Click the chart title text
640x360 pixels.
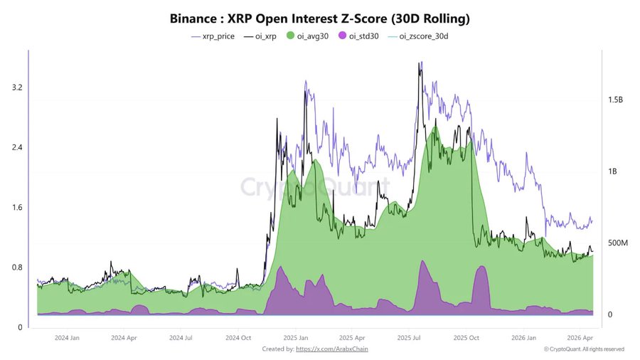click(320, 16)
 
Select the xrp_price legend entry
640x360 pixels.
click(213, 36)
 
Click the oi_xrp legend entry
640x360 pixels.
click(260, 36)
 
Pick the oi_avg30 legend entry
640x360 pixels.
click(309, 36)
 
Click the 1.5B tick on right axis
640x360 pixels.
click(616, 100)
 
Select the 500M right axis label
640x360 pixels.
click(616, 243)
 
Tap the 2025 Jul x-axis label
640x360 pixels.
click(410, 338)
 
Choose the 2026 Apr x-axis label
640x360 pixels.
click(582, 338)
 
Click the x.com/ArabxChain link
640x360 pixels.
click(332, 349)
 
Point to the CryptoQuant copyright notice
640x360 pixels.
click(584, 349)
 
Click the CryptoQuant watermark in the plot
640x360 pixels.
click(314, 186)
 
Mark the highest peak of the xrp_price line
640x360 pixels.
click(421, 63)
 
